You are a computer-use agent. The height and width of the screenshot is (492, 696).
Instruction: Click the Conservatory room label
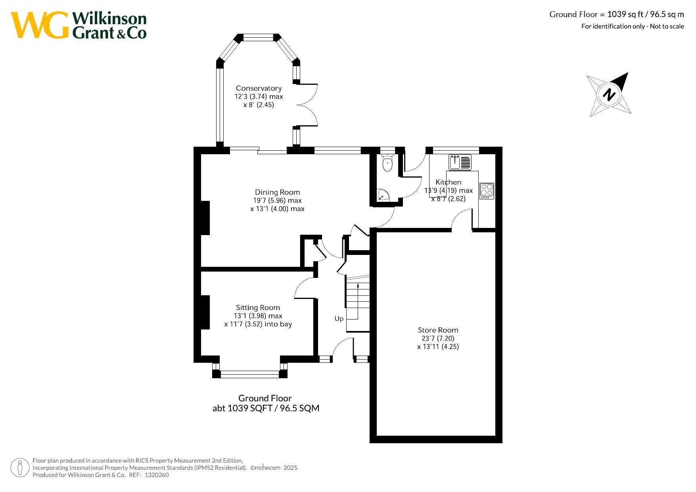coord(259,88)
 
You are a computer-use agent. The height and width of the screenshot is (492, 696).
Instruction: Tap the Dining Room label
coord(277,192)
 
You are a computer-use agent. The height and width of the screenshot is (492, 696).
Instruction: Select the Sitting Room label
coord(258,308)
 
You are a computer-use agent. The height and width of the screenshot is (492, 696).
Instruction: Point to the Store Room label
coord(438,330)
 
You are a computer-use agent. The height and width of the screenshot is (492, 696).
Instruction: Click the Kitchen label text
coord(449,182)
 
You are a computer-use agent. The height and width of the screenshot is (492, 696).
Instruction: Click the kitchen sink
coord(460,162)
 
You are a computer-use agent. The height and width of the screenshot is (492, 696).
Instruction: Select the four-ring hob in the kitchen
coord(487,191)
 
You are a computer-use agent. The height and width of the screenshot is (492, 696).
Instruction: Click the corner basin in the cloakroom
coord(383,195)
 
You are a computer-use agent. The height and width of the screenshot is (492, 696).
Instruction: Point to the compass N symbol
coord(609,95)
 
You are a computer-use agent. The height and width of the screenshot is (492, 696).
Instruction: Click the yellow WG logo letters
coord(40,25)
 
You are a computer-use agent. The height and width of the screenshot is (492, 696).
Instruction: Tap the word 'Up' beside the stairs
coord(339,319)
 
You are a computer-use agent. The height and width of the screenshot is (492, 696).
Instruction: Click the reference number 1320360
coord(157,475)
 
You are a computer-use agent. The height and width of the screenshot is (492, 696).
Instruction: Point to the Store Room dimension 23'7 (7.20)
coord(438,339)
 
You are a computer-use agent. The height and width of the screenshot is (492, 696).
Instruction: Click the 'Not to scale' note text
coord(667,26)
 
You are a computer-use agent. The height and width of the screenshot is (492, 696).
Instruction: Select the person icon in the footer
coord(20,468)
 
